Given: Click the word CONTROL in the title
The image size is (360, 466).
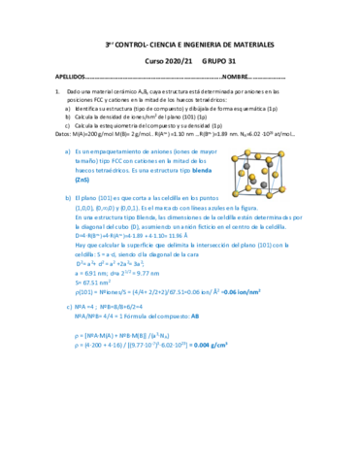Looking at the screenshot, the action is tap(141, 45).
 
